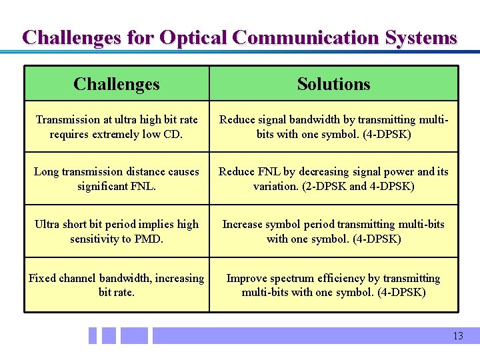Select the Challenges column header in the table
(117, 84)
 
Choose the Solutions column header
(333, 84)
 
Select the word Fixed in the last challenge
(42, 278)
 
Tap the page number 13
(457, 336)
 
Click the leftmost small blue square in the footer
(93, 335)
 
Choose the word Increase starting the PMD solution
(243, 225)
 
